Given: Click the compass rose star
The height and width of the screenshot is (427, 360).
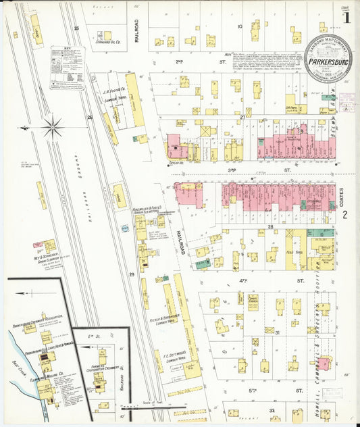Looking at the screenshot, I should pos(52,126).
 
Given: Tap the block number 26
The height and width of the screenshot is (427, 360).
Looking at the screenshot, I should pos(89,117).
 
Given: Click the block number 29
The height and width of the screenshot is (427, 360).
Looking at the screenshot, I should pos(132,274).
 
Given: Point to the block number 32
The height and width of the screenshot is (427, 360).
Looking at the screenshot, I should pos(271,409).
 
